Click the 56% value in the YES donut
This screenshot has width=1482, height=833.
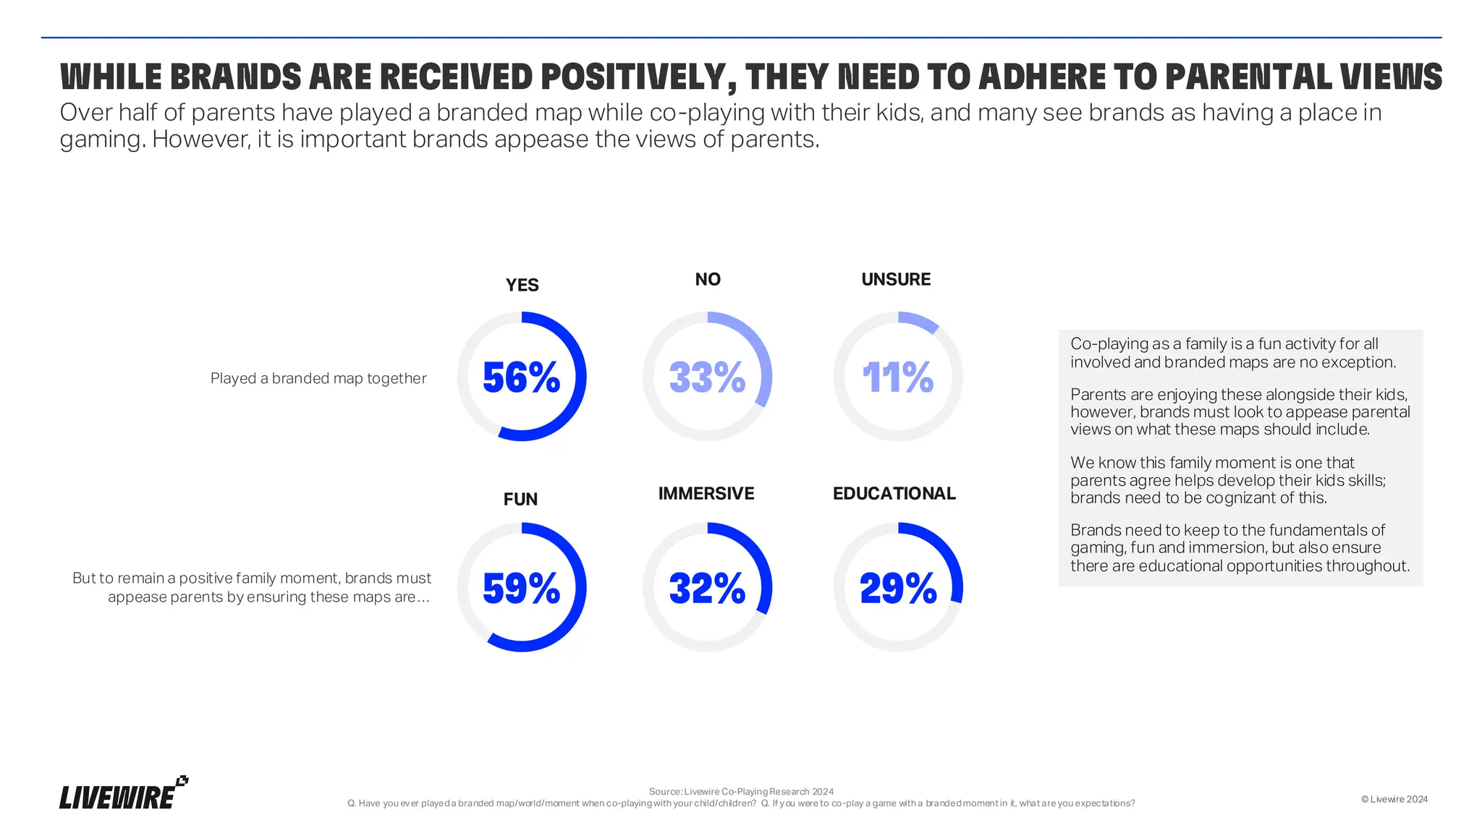(x=521, y=377)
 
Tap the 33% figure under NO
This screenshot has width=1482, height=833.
(x=707, y=377)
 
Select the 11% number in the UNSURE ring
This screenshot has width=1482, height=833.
(x=897, y=377)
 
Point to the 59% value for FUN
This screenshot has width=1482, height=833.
(x=521, y=588)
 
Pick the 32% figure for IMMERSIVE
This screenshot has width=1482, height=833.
(x=707, y=588)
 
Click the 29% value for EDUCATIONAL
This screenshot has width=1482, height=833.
(x=897, y=588)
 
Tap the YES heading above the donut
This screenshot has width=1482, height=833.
(x=522, y=285)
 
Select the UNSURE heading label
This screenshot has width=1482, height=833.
(x=896, y=279)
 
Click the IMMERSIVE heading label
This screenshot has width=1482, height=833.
(x=706, y=493)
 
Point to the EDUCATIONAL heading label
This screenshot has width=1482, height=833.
(x=894, y=493)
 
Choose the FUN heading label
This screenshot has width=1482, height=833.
(x=520, y=499)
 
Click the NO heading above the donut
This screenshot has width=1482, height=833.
(x=708, y=279)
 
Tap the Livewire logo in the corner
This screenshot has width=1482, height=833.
(x=123, y=794)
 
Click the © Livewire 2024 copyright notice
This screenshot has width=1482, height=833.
(x=1394, y=799)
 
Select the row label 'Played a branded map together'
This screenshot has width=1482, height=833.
(x=318, y=378)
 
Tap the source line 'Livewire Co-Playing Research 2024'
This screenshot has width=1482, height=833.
(x=741, y=791)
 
